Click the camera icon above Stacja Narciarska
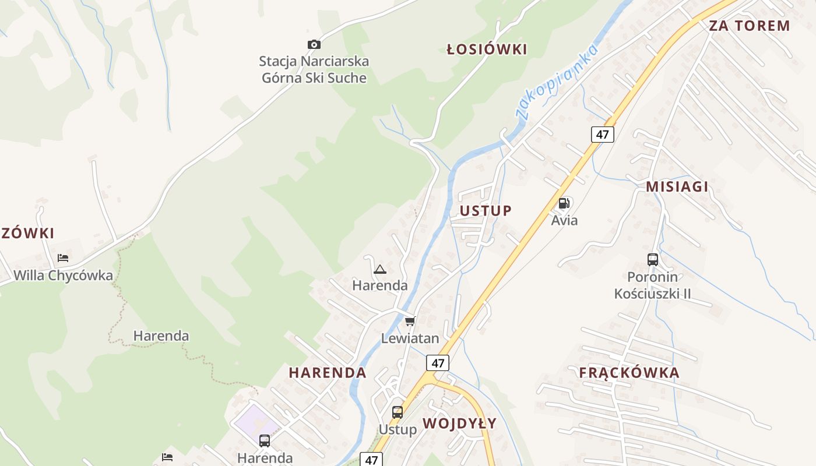coord(314,44)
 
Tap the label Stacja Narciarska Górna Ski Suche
coord(314,69)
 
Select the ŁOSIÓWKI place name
coord(487,50)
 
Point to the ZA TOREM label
coord(749,26)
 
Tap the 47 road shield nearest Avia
coord(602,135)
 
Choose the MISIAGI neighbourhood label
coord(677,186)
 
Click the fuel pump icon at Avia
coord(564,203)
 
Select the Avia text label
coord(564,220)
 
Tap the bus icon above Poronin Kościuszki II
coord(653,260)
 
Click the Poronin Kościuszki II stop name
coord(653,285)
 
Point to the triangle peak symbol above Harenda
coord(380,269)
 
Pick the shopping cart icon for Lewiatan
coord(410,321)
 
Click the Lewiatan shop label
coord(410,338)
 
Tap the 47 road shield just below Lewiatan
coord(438,363)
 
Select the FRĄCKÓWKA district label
coord(629,373)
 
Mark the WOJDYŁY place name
coord(459,423)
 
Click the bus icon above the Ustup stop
coord(398,412)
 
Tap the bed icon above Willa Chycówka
coord(63,257)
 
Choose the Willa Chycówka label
coord(63,275)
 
